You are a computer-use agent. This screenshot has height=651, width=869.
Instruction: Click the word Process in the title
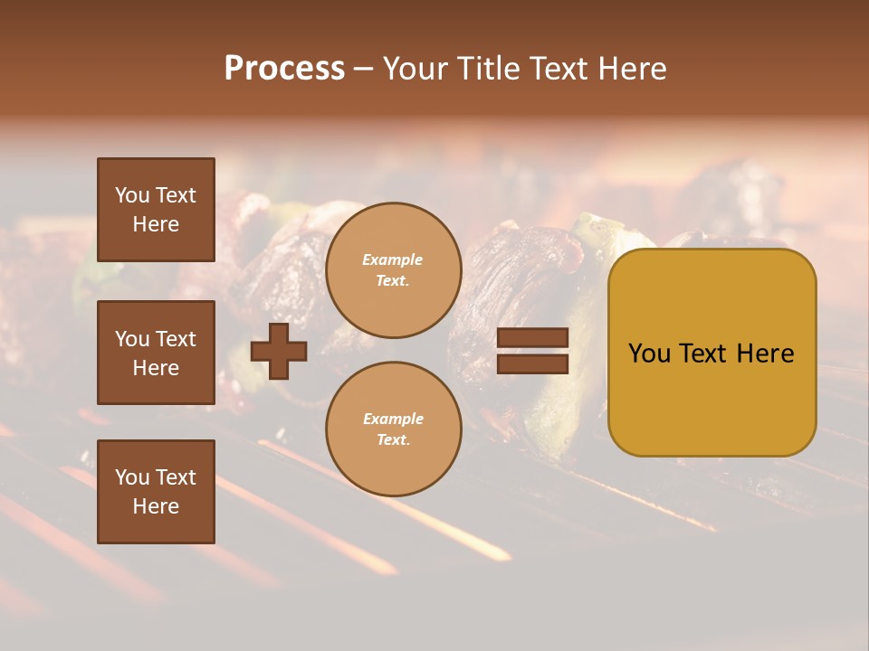coord(284,69)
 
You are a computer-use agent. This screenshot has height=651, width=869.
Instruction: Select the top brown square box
coord(156,210)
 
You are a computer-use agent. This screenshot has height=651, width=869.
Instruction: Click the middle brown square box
coord(156,353)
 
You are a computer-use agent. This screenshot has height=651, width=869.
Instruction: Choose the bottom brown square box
coord(156,492)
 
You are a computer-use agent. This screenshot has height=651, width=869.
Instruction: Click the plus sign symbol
coord(279,351)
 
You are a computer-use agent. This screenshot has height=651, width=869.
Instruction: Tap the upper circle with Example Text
coord(393,270)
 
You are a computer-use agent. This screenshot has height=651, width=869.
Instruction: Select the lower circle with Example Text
coord(393,429)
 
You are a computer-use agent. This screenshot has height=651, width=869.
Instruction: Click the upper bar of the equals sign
coord(532,337)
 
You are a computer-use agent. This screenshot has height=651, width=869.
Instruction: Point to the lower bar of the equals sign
coord(532,363)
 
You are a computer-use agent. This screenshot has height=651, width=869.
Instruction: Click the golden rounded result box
coord(711,353)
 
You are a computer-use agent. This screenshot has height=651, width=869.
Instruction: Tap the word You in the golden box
coord(650,354)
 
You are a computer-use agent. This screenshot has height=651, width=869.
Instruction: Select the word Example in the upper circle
coord(393,260)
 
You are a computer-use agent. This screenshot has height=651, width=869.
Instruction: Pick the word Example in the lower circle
coord(393,420)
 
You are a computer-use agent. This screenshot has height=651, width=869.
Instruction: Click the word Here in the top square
coord(156,224)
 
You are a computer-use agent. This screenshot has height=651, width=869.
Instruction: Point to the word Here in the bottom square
coord(156,506)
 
